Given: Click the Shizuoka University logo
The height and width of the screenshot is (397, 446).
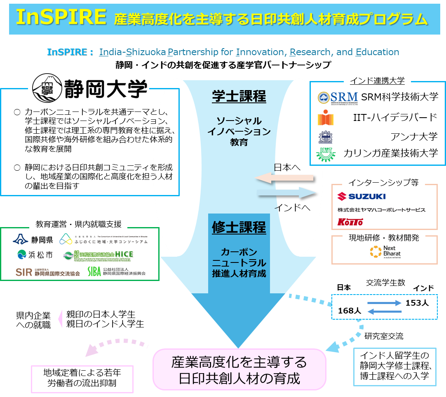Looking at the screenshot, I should pos(88,87).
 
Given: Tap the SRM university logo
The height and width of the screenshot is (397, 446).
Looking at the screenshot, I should pos(338,97).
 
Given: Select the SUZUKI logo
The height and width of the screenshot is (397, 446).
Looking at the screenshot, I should pos(361,196).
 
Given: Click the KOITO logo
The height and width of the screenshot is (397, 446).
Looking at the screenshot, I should pos(350,222).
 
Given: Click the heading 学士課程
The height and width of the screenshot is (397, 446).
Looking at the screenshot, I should pos(239,97).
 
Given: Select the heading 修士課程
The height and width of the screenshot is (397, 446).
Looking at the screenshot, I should pos(239,227).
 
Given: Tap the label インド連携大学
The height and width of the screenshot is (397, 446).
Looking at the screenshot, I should pos(377,81).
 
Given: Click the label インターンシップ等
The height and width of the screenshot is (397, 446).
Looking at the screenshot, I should pos(384,182).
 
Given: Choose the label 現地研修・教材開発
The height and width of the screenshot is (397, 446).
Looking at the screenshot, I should pos(384,238).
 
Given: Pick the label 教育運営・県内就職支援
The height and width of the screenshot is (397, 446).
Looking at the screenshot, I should pos(78,224).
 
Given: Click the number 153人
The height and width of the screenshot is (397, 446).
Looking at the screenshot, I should pos(417,303).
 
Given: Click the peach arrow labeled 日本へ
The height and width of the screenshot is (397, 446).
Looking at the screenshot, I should pos(284,178).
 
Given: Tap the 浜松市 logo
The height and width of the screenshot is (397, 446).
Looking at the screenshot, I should pos(35,255).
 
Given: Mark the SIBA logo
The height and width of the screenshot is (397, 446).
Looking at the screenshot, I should pos(117,272).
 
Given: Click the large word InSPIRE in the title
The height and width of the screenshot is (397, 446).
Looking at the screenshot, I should pos(61,17).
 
